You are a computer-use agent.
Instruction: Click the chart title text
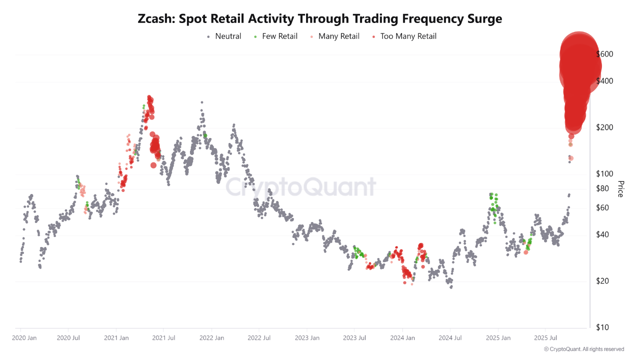(320, 19)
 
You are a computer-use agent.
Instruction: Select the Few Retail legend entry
(279, 36)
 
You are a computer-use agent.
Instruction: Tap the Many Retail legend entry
(338, 36)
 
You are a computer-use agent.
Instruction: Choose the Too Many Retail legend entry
(407, 36)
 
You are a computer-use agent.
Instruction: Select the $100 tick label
(605, 174)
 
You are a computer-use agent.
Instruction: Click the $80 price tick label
(603, 188)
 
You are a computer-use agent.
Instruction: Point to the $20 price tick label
(603, 281)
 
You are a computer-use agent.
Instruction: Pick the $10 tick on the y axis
(603, 327)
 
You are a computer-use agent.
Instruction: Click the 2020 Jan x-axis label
(24, 338)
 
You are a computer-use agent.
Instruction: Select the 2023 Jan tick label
(306, 338)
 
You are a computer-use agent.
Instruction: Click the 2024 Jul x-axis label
(450, 338)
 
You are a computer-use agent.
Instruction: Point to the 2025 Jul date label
(545, 338)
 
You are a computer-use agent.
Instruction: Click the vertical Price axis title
(620, 189)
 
